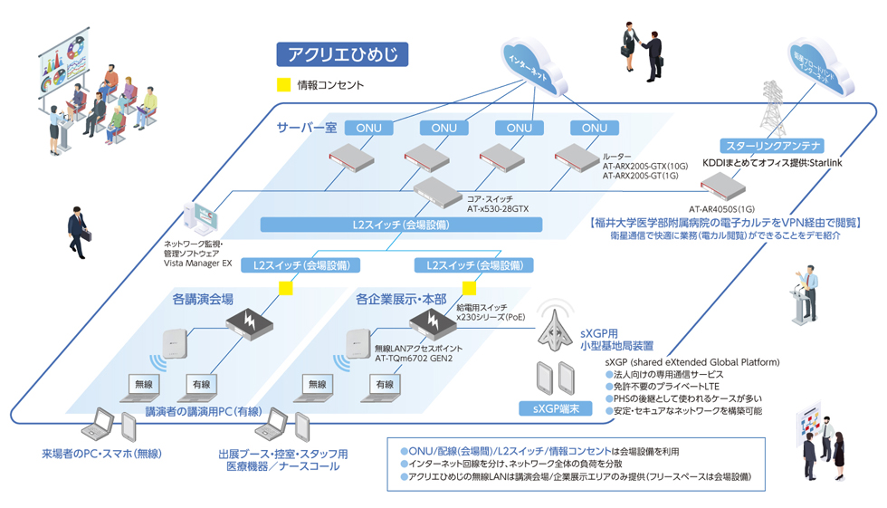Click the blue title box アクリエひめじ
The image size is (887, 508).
pos(342,54)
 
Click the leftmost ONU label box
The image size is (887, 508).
pos(368,128)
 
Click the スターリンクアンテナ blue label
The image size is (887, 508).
pos(770,146)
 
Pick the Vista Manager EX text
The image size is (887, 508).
pos(197,264)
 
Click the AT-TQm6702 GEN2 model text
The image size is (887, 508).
pos(414,358)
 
